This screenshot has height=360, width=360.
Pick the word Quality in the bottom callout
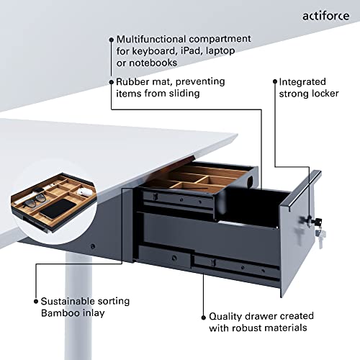[226, 315]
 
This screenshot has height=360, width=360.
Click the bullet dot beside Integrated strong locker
[274, 82]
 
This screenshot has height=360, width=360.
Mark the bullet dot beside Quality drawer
[203, 315]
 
